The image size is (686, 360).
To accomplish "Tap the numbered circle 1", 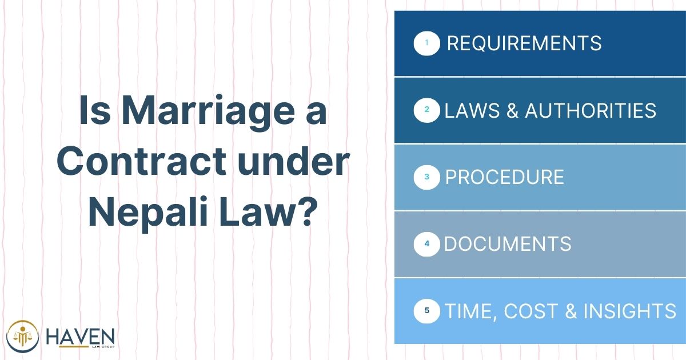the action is coord(426,43).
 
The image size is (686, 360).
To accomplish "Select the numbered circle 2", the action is coord(426,110).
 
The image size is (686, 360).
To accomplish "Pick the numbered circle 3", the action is coord(426,177).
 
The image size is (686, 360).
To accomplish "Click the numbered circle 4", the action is coord(426,244).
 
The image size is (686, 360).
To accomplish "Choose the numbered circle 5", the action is coord(426,311).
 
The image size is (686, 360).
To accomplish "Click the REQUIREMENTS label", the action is coord(524,43).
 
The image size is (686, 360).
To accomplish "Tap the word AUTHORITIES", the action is coord(591,110).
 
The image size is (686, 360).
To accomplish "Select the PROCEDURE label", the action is coord(504,177).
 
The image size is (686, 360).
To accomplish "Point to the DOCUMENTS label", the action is coord(508,244).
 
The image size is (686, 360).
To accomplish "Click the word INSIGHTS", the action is coord(629,311).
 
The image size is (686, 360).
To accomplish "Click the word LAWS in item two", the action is coord(472,110).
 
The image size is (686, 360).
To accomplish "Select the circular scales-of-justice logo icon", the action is coord(23,337).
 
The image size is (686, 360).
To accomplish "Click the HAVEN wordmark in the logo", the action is coord(80,337).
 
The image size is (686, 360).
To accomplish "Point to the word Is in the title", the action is coord(95,110).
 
